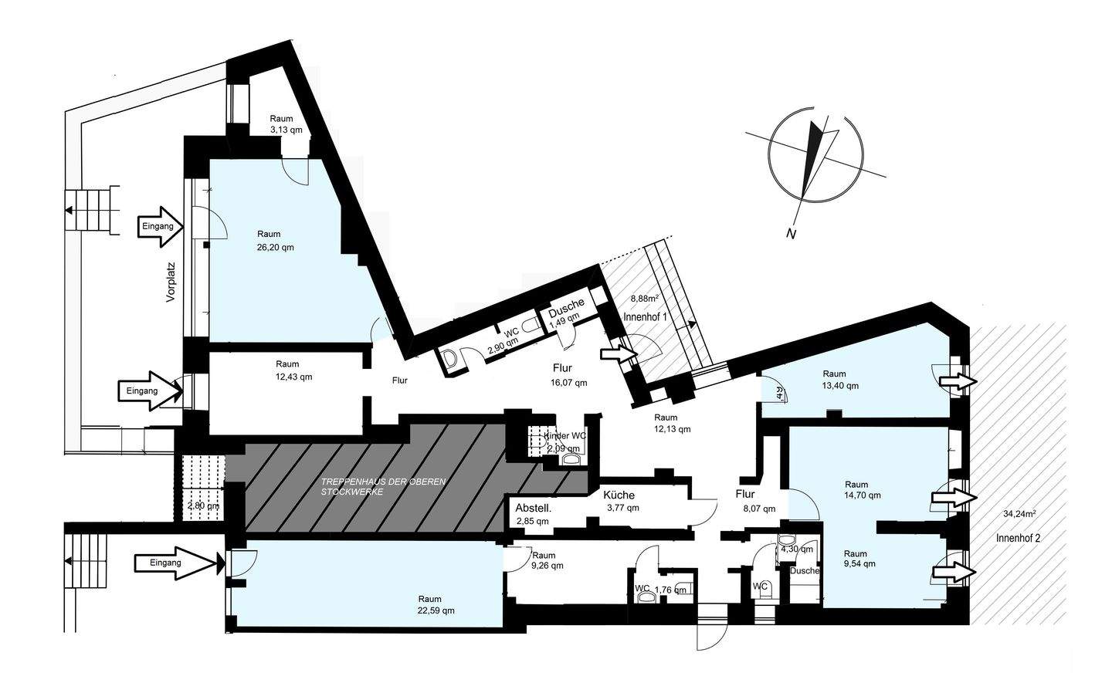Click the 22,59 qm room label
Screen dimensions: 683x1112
[429, 604]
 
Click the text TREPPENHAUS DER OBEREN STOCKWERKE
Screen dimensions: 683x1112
[383, 486]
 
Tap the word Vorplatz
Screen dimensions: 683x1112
[171, 282]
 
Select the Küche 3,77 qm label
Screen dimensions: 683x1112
[621, 502]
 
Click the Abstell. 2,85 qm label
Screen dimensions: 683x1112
[532, 515]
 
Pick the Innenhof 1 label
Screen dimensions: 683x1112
[645, 317]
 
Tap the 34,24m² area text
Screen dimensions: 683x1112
[1019, 513]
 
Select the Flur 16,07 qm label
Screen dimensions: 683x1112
[569, 375]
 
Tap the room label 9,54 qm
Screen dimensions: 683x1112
[859, 559]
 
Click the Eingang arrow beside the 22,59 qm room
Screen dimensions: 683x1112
[176, 563]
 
